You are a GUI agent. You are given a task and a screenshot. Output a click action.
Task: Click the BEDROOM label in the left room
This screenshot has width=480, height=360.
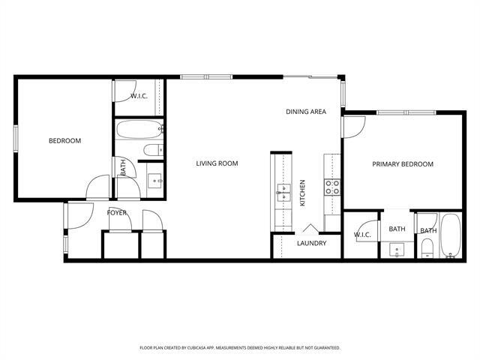(64, 140)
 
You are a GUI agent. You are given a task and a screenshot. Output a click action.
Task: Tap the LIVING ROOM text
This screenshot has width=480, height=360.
(217, 163)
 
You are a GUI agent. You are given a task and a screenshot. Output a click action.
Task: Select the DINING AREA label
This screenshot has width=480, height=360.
(305, 112)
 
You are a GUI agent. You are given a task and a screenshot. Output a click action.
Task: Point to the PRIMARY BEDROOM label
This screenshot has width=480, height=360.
(403, 164)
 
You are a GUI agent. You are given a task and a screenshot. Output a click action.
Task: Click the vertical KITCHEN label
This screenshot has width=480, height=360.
(303, 193)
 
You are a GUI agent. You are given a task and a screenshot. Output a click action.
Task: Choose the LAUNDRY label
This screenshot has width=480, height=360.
(311, 244)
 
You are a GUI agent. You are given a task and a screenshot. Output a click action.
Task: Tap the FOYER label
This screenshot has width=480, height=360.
(116, 213)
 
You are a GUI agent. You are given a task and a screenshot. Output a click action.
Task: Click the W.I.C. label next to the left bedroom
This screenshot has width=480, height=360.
(139, 96)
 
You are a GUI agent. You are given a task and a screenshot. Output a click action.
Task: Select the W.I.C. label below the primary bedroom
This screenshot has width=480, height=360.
(363, 235)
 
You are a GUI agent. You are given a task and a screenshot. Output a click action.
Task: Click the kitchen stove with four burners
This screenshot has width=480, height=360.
(331, 186)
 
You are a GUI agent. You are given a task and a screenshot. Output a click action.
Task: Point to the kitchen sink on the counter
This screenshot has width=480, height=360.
(283, 192)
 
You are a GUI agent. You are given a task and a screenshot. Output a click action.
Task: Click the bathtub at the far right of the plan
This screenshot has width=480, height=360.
(450, 235)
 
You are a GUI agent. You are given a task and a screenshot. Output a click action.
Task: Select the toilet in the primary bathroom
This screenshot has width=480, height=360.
(427, 248)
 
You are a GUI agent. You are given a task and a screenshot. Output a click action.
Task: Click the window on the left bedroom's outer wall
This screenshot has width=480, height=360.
(16, 140)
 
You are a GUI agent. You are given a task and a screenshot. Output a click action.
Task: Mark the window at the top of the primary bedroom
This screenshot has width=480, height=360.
(405, 112)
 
